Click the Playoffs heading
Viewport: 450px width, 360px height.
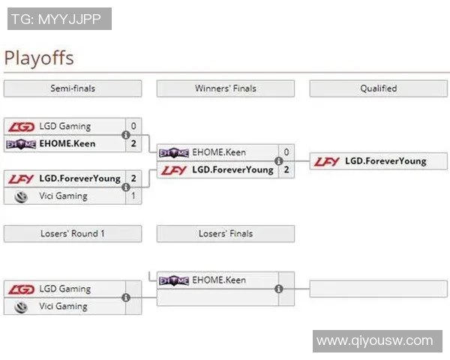[39, 58]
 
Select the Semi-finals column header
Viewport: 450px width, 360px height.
[72, 88]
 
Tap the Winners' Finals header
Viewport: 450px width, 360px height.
[225, 88]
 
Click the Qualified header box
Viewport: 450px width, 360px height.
[378, 88]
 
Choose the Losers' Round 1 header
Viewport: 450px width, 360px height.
[72, 234]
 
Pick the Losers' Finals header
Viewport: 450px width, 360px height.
[225, 234]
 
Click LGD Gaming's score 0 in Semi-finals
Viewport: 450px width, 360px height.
[133, 126]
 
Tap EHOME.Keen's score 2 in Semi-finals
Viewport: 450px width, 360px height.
[133, 143]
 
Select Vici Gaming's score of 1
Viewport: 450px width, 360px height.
[133, 196]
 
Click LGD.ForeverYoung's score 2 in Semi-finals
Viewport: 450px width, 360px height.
[133, 178]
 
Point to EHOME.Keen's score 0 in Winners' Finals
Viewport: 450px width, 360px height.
[286, 152]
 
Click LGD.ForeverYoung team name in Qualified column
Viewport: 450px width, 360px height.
[385, 160]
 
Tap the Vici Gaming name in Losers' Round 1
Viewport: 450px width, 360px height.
[64, 306]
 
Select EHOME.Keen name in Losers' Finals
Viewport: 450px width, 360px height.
[219, 280]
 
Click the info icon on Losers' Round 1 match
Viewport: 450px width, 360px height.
[126, 298]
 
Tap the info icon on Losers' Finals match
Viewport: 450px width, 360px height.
[279, 289]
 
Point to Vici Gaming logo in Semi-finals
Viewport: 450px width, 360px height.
[21, 196]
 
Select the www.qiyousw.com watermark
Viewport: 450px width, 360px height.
[375, 341]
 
